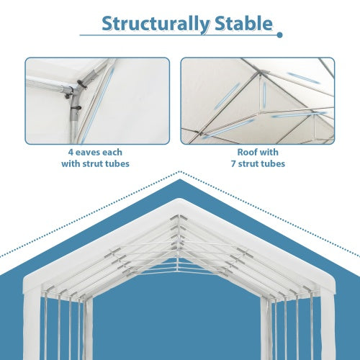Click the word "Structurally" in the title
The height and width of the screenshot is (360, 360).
pos(156,23)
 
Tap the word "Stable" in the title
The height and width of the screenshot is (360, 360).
pos(242,23)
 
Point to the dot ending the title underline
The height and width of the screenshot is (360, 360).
pos(279,34)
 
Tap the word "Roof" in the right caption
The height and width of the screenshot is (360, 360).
pos(248,153)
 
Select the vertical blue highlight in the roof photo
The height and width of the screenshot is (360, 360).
pos(264,91)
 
